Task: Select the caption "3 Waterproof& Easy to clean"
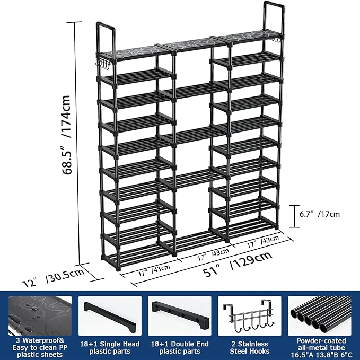point(40,347)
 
